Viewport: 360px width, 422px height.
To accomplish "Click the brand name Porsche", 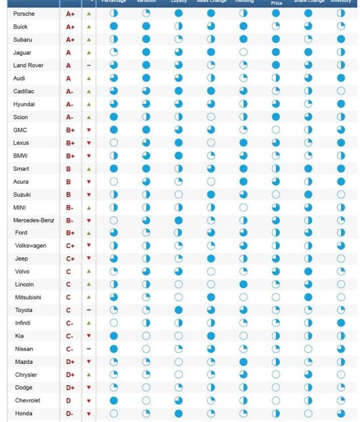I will [x=23, y=13].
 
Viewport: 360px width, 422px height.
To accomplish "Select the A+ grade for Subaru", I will [x=70, y=40].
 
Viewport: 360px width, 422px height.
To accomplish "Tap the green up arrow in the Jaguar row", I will [x=88, y=52].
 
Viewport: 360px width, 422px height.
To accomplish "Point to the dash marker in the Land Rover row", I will [x=88, y=65].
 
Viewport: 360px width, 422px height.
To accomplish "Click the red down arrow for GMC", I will [x=88, y=130].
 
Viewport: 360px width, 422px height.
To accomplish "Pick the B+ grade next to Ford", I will [x=70, y=233].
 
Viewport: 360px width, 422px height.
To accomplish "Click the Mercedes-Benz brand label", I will [x=34, y=220].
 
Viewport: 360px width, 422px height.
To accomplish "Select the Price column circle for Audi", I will [x=275, y=78].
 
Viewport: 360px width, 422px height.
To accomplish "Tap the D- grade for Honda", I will [x=69, y=414].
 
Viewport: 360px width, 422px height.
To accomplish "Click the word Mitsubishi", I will [x=28, y=297].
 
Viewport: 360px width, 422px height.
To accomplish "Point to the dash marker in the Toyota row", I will [x=88, y=310].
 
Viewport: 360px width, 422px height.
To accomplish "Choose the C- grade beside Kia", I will [x=69, y=336].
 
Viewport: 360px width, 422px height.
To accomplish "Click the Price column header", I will [x=276, y=2].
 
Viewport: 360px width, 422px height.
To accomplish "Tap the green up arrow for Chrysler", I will [x=88, y=375].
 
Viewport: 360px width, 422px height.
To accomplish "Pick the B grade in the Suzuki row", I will [x=68, y=195].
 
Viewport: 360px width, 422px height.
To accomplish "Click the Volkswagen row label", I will [x=30, y=246].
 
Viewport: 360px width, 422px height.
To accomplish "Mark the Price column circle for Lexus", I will [x=275, y=143].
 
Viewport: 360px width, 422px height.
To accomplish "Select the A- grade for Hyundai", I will [x=69, y=104].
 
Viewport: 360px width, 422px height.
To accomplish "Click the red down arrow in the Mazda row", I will [x=88, y=362].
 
